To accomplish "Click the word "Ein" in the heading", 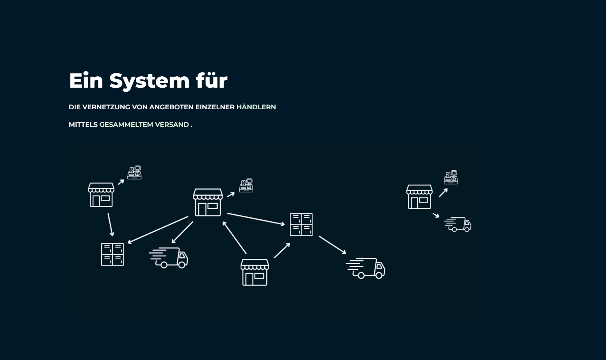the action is (86, 80).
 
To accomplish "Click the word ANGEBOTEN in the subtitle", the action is (172, 107).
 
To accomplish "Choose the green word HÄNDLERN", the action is (256, 107).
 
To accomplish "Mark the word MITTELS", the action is (83, 125).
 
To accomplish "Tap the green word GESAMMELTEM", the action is (126, 125).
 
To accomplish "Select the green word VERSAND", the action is (172, 125).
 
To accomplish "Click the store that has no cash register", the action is (255, 272).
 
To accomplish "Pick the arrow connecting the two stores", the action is (234, 237).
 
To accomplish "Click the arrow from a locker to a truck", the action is (332, 245).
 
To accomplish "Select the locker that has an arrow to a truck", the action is (301, 225).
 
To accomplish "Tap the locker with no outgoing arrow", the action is (113, 254).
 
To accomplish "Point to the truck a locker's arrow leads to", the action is (365, 268).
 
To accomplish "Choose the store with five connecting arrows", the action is (208, 202).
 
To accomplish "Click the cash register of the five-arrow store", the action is (246, 186).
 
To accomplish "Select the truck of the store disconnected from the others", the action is (458, 224).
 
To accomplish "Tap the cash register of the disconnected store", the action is (451, 177).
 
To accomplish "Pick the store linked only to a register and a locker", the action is (101, 195).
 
